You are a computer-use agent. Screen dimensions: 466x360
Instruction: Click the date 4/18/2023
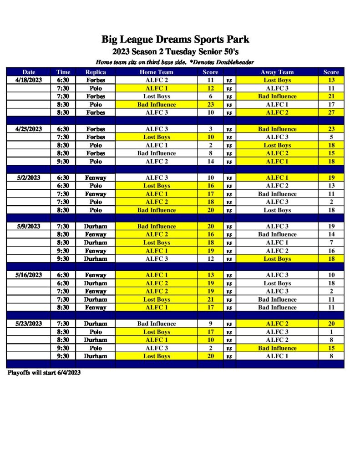click(28, 80)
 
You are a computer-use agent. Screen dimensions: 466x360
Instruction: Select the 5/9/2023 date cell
click(28, 226)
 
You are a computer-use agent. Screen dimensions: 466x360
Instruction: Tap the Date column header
click(28, 72)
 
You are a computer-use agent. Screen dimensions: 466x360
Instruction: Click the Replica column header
click(96, 72)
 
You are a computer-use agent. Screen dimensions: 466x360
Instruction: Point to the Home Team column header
click(157, 72)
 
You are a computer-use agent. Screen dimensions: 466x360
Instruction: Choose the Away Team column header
click(277, 72)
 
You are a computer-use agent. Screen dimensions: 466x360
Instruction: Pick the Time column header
click(63, 72)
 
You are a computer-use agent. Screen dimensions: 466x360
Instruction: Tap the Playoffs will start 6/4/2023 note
click(44, 373)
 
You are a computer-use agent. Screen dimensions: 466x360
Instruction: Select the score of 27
click(331, 112)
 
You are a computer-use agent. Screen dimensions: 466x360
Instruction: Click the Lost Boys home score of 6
click(210, 96)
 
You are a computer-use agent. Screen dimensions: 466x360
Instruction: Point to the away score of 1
click(331, 332)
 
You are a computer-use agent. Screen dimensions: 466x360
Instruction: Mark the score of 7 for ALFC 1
click(331, 243)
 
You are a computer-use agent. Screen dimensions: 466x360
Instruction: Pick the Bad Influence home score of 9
click(210, 324)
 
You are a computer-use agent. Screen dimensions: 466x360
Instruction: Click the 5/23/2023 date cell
click(28, 324)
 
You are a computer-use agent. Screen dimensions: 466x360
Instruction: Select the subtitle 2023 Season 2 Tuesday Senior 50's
click(175, 52)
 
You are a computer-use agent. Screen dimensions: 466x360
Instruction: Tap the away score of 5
click(331, 137)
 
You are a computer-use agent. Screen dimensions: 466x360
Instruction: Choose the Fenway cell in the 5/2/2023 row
click(96, 177)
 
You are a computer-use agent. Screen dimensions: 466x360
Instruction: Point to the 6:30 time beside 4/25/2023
click(63, 129)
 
